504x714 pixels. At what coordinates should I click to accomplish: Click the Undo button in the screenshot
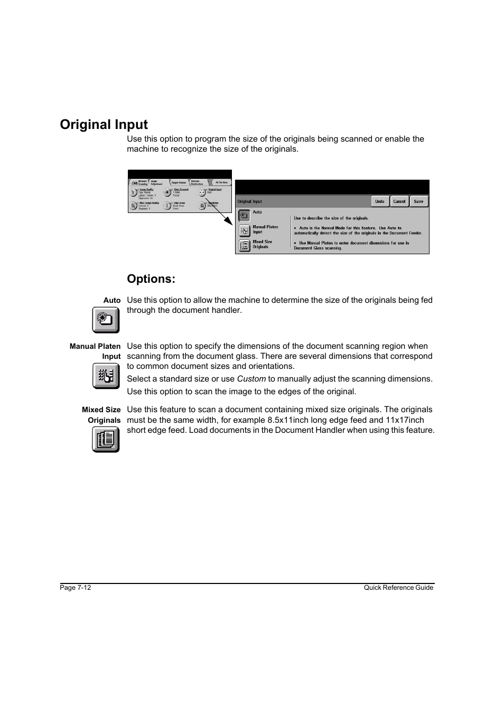pyautogui.click(x=380, y=201)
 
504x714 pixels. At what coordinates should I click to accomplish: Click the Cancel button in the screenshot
pyautogui.click(x=399, y=201)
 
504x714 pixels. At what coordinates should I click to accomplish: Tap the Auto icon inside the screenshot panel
pyautogui.click(x=244, y=216)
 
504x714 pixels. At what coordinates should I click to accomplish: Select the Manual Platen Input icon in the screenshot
pyautogui.click(x=244, y=231)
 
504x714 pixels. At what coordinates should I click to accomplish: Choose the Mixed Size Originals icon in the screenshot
pyautogui.click(x=244, y=246)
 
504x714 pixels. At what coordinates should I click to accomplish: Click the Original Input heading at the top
pyautogui.click(x=104, y=125)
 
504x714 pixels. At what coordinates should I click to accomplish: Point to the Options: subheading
pyautogui.click(x=151, y=279)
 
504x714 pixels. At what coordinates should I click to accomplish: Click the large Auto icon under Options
pyautogui.click(x=106, y=320)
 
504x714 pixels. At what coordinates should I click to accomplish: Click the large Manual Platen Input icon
pyautogui.click(x=106, y=376)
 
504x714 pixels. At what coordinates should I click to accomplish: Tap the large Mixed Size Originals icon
pyautogui.click(x=106, y=439)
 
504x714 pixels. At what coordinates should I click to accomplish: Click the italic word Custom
pyautogui.click(x=251, y=379)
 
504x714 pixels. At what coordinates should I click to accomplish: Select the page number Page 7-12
pyautogui.click(x=76, y=588)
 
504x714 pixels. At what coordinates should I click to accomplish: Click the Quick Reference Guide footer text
pyautogui.click(x=398, y=588)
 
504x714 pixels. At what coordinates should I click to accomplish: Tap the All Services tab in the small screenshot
pyautogui.click(x=221, y=182)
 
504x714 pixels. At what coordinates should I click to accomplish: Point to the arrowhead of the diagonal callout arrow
pyautogui.click(x=230, y=222)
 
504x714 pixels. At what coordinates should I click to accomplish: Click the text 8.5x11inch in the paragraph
pyautogui.click(x=288, y=420)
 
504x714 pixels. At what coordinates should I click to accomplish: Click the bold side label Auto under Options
pyautogui.click(x=112, y=300)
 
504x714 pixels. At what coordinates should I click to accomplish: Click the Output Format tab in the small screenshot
pyautogui.click(x=179, y=182)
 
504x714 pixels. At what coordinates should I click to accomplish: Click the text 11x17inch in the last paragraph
pyautogui.click(x=405, y=420)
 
